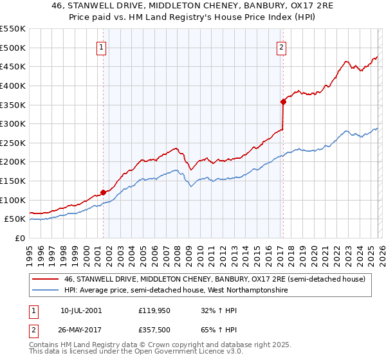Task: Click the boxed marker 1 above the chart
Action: point(102,46)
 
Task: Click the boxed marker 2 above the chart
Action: point(282,46)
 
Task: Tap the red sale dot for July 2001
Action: point(103,192)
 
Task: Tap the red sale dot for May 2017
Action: point(282,101)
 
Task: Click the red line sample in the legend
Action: point(46,279)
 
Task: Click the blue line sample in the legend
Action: point(46,291)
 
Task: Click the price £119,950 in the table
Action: point(153,310)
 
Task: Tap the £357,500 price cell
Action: point(153,329)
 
